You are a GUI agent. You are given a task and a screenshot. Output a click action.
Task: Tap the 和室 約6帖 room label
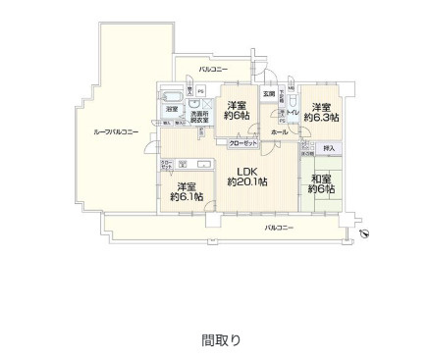(319, 183)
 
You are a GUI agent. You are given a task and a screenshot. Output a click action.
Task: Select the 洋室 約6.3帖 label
(319, 112)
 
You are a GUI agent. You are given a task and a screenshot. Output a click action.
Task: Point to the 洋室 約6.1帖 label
(185, 191)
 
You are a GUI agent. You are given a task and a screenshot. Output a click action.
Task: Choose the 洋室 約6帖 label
(236, 112)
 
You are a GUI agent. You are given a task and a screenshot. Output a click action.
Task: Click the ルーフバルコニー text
(116, 131)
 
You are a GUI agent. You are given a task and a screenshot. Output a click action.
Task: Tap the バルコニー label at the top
(213, 70)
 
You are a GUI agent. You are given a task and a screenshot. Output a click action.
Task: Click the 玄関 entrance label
(268, 94)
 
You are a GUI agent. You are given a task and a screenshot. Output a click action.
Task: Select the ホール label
(280, 130)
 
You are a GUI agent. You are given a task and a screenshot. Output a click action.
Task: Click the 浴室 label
(171, 109)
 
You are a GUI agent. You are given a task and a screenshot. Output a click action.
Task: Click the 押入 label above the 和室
(329, 148)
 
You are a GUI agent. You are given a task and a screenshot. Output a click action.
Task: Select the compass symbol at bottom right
(364, 233)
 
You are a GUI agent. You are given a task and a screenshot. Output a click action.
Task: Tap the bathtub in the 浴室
(171, 95)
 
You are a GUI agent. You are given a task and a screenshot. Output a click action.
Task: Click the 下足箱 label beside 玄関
(282, 94)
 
